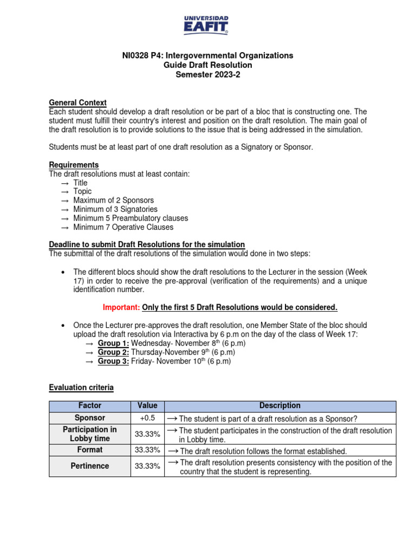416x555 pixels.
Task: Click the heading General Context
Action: pyautogui.click(x=77, y=102)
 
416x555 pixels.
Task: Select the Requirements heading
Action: pyautogui.click(x=74, y=165)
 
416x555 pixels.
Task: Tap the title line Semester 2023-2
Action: pyautogui.click(x=207, y=75)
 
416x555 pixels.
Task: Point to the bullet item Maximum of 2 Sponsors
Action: pyautogui.click(x=113, y=201)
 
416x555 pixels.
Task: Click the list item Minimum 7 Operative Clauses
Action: pyautogui.click(x=123, y=227)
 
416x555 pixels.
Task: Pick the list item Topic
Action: pyautogui.click(x=82, y=191)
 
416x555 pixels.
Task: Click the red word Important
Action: pyautogui.click(x=121, y=308)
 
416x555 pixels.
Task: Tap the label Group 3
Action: pyautogui.click(x=113, y=361)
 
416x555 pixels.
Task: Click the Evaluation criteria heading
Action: pyautogui.click(x=81, y=388)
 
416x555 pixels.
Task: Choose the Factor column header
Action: pyautogui.click(x=89, y=406)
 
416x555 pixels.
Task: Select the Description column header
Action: pyautogui.click(x=279, y=406)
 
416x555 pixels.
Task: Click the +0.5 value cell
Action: pyautogui.click(x=147, y=418)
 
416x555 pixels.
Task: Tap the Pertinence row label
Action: pyautogui.click(x=89, y=466)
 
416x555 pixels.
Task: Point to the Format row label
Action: pyautogui.click(x=89, y=450)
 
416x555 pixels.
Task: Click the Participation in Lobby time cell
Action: pyautogui.click(x=89, y=434)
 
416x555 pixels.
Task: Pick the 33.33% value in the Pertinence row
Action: pyautogui.click(x=147, y=466)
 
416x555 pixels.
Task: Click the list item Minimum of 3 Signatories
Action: pyautogui.click(x=115, y=209)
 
